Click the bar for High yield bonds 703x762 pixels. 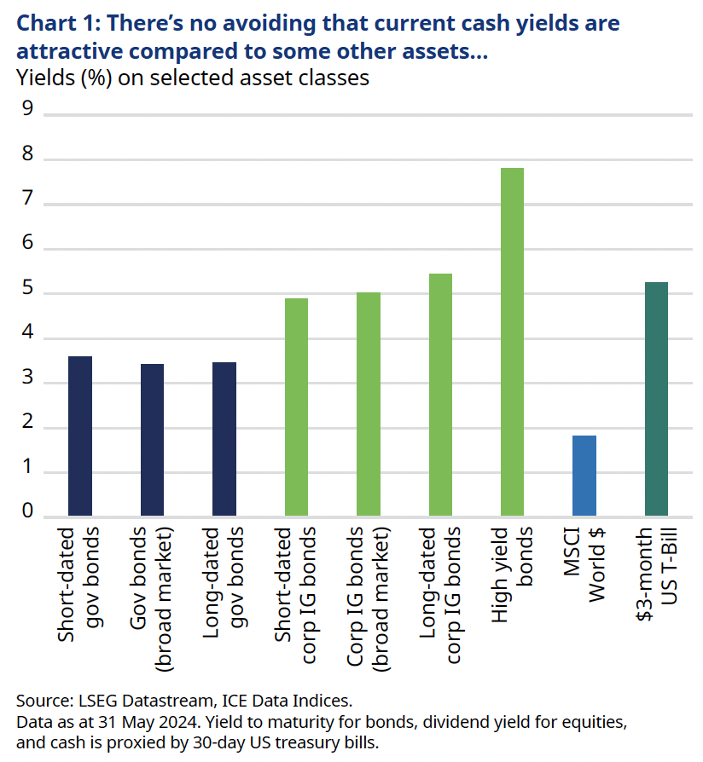tap(512, 341)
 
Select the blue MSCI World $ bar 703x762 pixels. tap(584, 475)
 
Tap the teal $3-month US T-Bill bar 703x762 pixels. tap(655, 398)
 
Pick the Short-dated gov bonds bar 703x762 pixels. tap(80, 436)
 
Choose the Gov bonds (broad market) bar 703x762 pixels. tap(152, 439)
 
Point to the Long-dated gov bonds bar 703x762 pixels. tap(224, 438)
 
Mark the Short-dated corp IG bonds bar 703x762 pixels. tap(296, 407)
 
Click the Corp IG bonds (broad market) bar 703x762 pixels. tap(369, 403)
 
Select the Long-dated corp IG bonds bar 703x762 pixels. tap(440, 394)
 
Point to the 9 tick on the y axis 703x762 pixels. tap(27, 110)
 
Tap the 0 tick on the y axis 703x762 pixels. tap(27, 511)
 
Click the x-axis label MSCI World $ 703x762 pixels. tap(584, 566)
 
